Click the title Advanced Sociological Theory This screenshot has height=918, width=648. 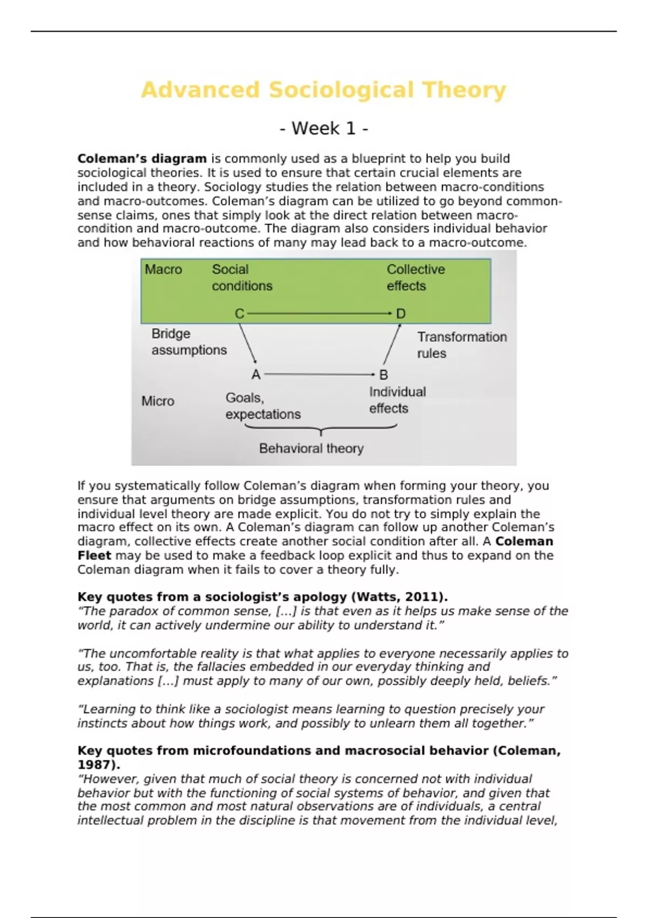pos(323,90)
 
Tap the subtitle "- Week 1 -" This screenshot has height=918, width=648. pos(324,129)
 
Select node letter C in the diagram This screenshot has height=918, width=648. pos(239,314)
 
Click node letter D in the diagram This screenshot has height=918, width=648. pos(401,314)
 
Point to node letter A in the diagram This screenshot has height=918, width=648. pos(256,374)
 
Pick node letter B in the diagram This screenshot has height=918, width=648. pos(383,374)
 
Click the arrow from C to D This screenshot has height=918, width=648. pos(319,313)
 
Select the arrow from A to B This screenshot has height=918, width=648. pos(319,374)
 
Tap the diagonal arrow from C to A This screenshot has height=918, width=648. pos(248,343)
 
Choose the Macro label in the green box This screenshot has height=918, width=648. pos(163,269)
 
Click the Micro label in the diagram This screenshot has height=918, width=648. pos(158,401)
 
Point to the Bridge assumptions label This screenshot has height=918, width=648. pos(189,342)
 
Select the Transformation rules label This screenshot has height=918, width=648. pos(462,345)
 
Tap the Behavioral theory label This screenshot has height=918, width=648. pos(311,448)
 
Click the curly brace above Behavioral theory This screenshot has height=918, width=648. pos(321,429)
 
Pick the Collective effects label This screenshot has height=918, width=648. pos(416,278)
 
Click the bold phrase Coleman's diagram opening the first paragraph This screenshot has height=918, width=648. pos(142,159)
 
